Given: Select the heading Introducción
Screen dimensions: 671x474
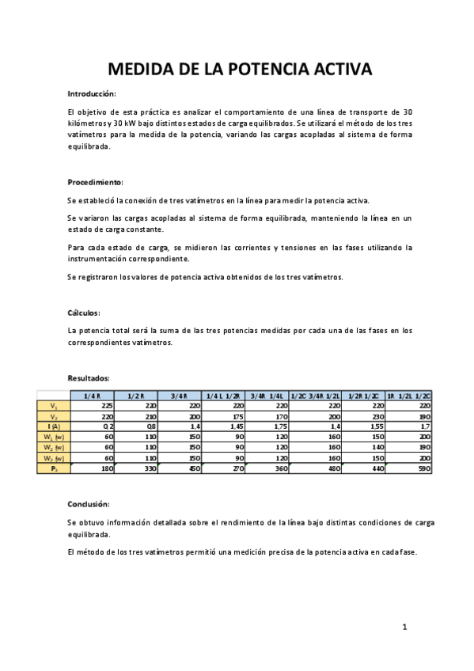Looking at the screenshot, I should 92,93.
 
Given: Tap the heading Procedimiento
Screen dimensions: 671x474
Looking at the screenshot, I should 96,181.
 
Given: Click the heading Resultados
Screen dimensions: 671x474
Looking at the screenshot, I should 89,378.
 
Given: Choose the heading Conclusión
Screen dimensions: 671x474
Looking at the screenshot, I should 89,503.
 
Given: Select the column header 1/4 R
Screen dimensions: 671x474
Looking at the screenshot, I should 93,396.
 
